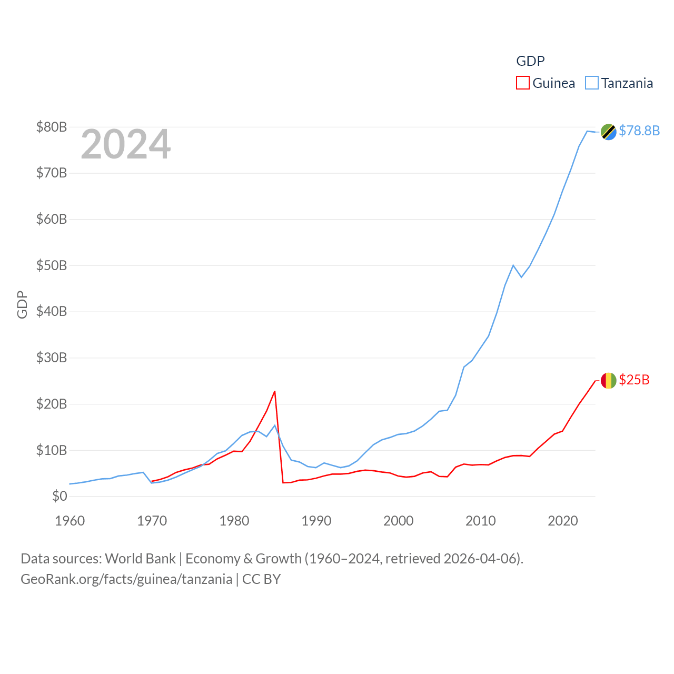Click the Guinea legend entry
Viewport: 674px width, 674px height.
coord(546,83)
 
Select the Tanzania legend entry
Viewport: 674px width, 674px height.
coord(619,83)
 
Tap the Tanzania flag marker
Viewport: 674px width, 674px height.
coord(608,132)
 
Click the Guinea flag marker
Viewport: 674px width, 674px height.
coord(608,380)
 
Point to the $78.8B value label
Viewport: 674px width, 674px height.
coord(639,131)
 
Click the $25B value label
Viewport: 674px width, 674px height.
coord(634,380)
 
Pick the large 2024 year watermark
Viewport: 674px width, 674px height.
coord(125,144)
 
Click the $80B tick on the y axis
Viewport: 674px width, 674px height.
coord(52,127)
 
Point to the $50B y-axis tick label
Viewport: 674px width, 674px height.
coord(52,265)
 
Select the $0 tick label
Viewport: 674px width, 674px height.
coord(60,496)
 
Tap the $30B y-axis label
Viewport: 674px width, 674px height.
coord(52,358)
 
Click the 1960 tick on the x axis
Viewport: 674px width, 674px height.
coord(70,521)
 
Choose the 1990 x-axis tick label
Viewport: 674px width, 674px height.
coord(316,521)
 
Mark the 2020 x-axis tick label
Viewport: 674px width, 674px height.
coord(563,521)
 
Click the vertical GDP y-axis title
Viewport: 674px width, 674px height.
coord(22,304)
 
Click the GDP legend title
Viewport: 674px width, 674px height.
coord(530,61)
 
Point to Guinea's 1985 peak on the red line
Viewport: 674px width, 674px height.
coord(275,391)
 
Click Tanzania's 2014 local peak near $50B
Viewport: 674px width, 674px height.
coord(513,265)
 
